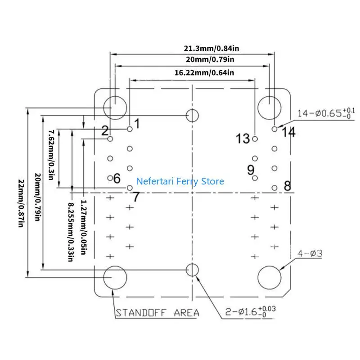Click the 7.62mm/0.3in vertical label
(x=51, y=154)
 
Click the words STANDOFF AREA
(x=157, y=313)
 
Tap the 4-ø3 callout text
(x=310, y=254)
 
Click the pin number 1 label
(x=137, y=123)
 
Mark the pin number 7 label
(x=135, y=197)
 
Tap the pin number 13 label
(x=243, y=139)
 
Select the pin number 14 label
(x=288, y=132)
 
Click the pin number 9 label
(x=251, y=170)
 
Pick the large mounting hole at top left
(x=114, y=107)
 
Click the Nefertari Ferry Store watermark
(x=180, y=181)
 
